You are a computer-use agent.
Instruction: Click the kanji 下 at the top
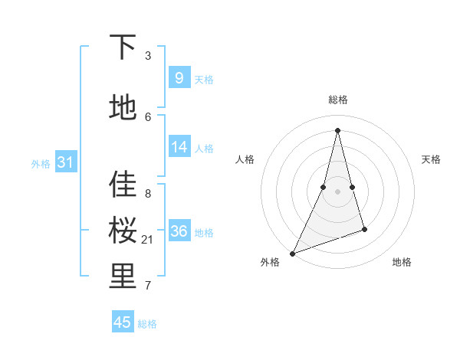[x=123, y=47]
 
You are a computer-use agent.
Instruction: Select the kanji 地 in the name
[x=123, y=107]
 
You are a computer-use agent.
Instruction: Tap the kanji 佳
[x=123, y=184]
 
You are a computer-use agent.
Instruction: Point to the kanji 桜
[x=123, y=230]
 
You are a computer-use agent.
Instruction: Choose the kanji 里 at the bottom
[x=123, y=277]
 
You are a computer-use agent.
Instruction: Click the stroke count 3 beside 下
[x=148, y=56]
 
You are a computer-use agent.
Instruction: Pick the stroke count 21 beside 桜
[x=148, y=240]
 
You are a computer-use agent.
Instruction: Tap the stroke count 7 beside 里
[x=148, y=286]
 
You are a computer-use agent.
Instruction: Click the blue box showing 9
[x=179, y=78]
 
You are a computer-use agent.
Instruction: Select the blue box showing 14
[x=179, y=147]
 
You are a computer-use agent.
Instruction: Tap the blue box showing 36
[x=179, y=231]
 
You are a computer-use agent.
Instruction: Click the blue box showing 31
[x=65, y=162]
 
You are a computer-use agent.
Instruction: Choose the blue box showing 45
[x=123, y=322]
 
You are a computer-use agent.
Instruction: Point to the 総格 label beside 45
[x=147, y=324]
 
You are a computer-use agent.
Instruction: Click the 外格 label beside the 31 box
[x=41, y=164]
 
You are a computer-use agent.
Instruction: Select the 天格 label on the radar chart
[x=431, y=159]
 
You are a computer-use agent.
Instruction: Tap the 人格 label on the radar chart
[x=245, y=159]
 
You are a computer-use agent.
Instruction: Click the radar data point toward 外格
[x=292, y=253]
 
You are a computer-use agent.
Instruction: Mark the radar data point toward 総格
[x=337, y=130]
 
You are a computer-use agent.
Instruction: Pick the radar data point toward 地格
[x=364, y=229]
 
